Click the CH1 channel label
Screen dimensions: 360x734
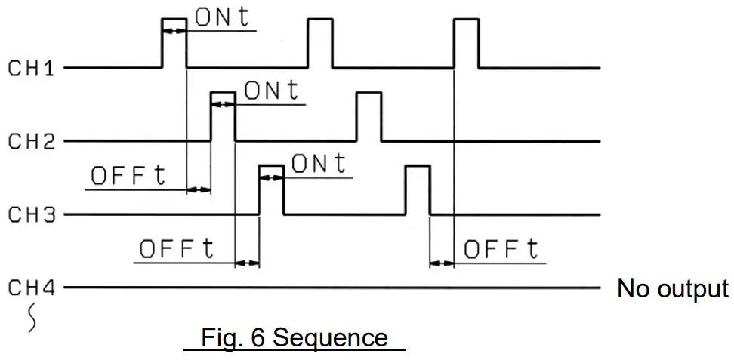[x=31, y=69]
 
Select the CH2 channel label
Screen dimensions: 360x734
[x=31, y=141]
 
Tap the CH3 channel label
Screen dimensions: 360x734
[x=31, y=215]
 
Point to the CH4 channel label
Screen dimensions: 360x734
[x=31, y=288]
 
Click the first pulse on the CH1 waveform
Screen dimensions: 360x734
[x=174, y=42]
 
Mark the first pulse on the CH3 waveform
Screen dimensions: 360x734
[x=272, y=189]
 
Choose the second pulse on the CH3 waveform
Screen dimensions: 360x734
[x=418, y=189]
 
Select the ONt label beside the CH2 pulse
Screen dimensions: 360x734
[x=272, y=91]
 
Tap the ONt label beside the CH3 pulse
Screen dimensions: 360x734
[x=319, y=165]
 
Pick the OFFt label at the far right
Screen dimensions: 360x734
[x=501, y=250]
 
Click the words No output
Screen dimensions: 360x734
[x=673, y=288]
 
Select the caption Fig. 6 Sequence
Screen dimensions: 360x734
[x=295, y=337]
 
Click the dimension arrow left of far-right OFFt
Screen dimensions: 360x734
[x=442, y=263]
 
